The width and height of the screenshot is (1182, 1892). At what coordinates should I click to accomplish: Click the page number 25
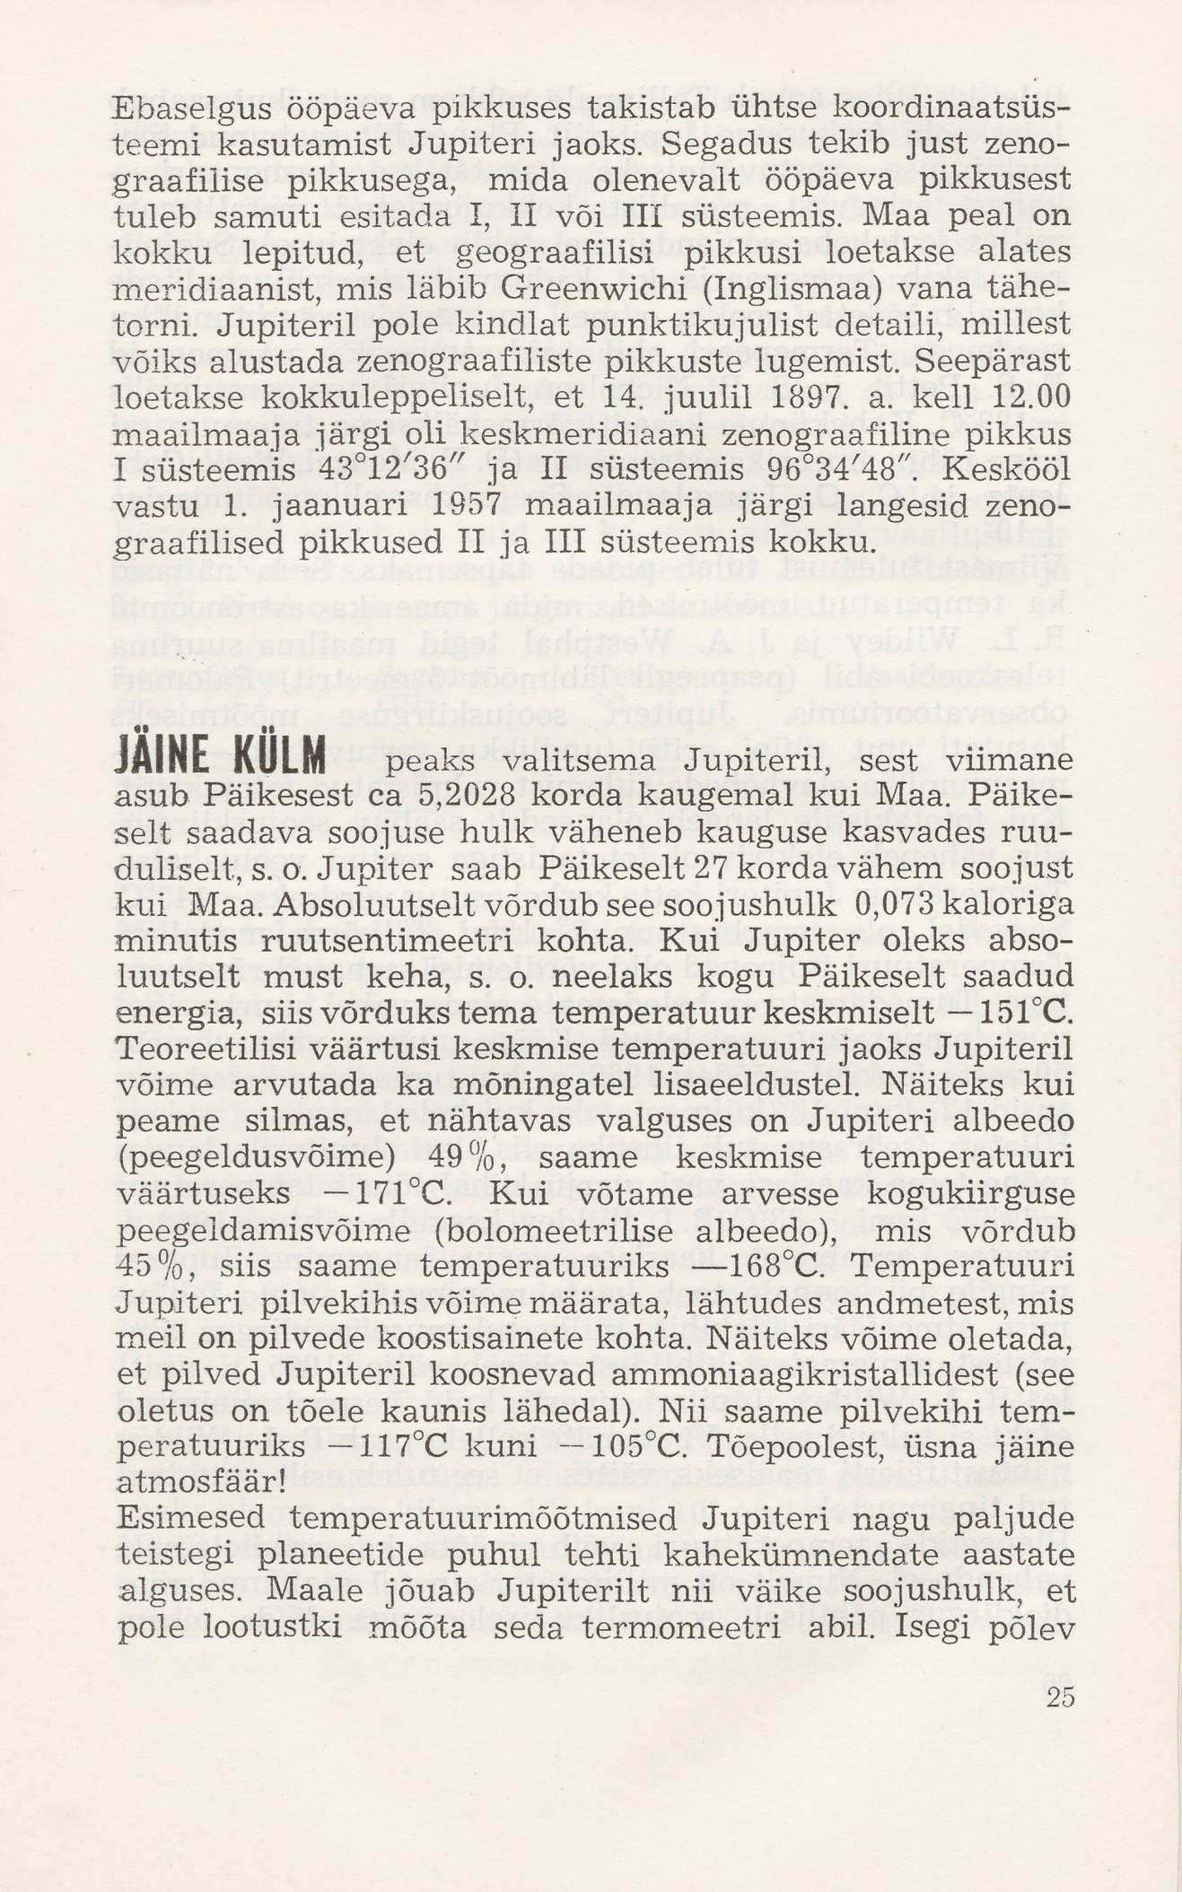[1059, 1697]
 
